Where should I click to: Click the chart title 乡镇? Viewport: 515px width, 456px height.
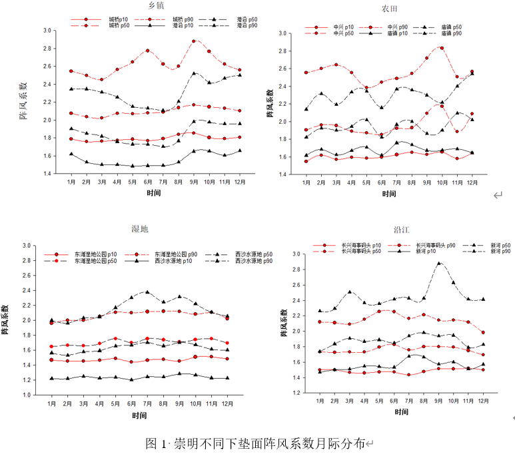click(157, 6)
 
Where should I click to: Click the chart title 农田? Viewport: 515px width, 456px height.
click(390, 8)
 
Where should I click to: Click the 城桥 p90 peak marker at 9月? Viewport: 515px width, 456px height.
click(194, 41)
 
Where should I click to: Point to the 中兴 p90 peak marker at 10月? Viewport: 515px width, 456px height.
click(441, 48)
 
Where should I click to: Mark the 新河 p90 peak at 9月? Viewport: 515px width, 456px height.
click(438, 263)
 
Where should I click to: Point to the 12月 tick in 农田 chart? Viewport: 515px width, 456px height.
click(472, 182)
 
